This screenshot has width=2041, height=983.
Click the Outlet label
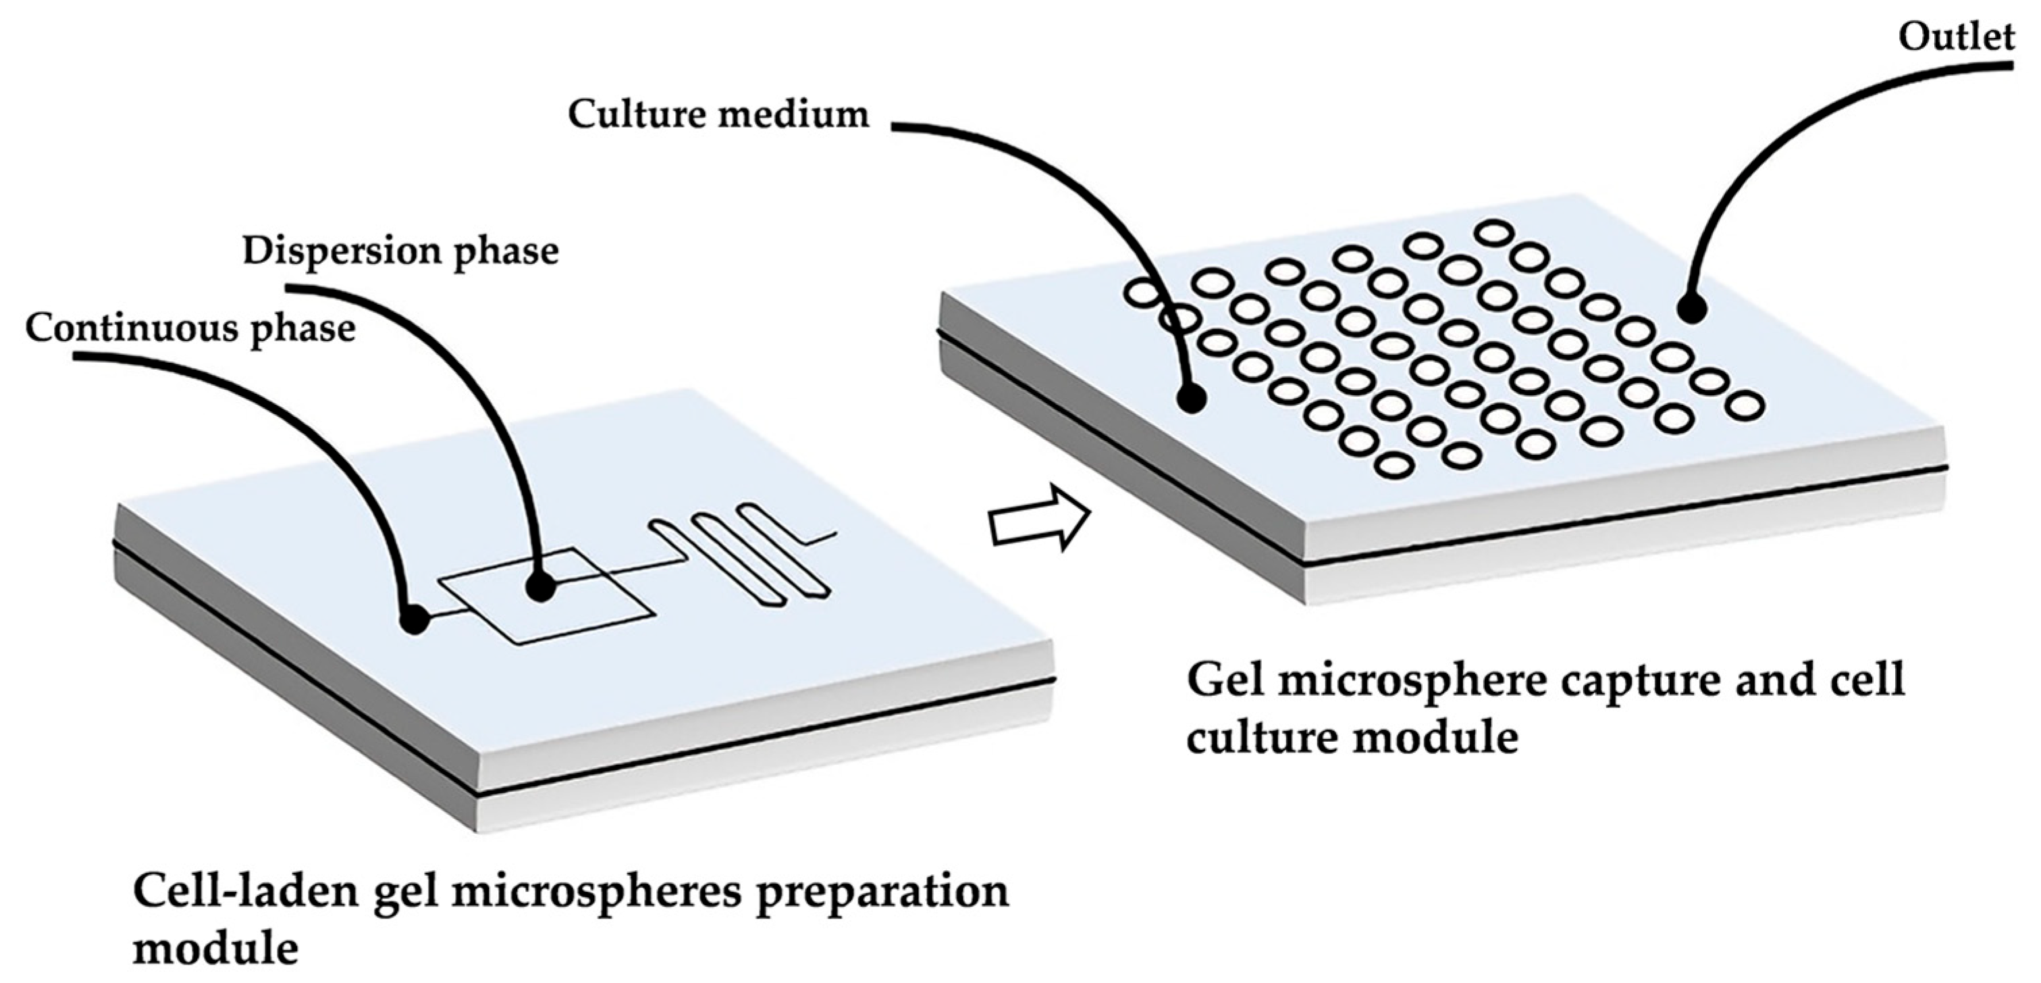(1956, 36)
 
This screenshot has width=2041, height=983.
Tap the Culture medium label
(718, 115)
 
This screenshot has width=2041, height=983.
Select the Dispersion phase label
(400, 251)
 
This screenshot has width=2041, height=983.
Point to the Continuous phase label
(190, 328)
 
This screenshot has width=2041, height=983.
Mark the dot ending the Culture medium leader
(1191, 398)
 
